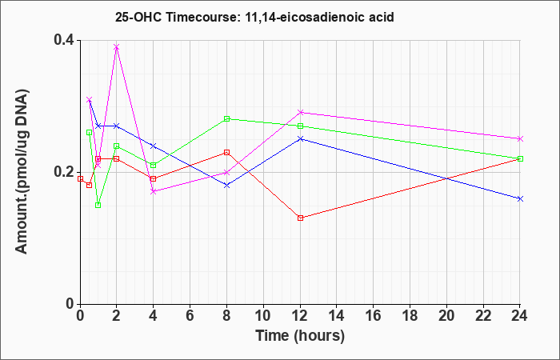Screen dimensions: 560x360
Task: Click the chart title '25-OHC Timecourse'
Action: pos(177,17)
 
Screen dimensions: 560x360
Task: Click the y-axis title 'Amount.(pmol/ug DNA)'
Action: pos(22,172)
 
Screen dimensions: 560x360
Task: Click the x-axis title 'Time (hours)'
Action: pos(300,336)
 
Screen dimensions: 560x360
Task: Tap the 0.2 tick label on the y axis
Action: pos(64,172)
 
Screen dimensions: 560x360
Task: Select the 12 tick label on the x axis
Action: pos(300,315)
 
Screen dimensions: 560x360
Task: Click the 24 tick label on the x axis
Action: pos(520,315)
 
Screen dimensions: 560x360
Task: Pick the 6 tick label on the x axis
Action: pos(190,315)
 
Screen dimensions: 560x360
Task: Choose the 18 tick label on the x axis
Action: pos(410,315)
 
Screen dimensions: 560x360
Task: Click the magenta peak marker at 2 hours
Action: pos(117,46)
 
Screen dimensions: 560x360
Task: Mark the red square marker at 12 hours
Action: pos(300,218)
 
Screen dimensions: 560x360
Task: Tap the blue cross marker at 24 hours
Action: pos(520,198)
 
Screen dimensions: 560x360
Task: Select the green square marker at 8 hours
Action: pos(226,119)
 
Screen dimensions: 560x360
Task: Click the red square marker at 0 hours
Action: pos(80,178)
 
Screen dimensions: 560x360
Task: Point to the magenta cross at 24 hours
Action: pos(520,138)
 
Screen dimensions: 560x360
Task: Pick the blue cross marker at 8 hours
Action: pos(226,186)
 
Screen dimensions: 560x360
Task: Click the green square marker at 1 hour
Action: pos(98,205)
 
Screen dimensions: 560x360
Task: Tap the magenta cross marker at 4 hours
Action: pos(154,192)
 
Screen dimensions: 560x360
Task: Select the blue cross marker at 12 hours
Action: pos(300,138)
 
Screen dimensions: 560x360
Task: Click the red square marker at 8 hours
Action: pos(226,153)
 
